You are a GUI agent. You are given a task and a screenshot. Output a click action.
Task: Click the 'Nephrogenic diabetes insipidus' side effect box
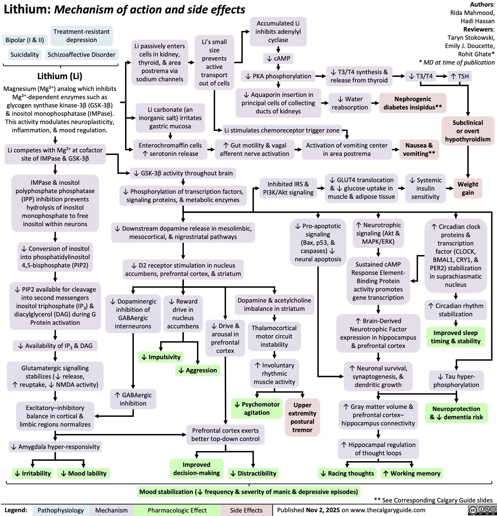pos(413,103)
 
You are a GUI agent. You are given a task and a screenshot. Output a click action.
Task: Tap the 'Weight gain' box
pos(468,188)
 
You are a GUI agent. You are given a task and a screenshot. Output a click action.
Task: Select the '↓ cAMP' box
pos(278,58)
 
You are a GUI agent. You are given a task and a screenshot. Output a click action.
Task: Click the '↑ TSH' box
pos(460,76)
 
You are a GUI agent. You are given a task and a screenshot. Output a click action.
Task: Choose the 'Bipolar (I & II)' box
pos(25,40)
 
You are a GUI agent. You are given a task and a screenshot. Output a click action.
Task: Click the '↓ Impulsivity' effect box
pos(161,357)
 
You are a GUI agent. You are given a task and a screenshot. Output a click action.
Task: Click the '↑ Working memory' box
pos(411,473)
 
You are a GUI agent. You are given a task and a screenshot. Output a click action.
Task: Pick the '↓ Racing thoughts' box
pos(348,473)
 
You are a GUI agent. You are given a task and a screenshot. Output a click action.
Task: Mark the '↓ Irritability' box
pos(33,473)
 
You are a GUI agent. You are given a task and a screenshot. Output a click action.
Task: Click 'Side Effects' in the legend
pos(246,510)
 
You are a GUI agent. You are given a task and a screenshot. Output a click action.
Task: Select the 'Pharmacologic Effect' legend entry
pos(177,510)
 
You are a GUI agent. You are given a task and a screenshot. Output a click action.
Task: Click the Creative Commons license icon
pos(482,510)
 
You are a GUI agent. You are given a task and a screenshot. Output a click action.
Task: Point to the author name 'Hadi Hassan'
pos(477,21)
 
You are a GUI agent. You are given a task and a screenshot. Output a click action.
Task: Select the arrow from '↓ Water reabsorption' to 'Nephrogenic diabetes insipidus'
pos(375,103)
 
